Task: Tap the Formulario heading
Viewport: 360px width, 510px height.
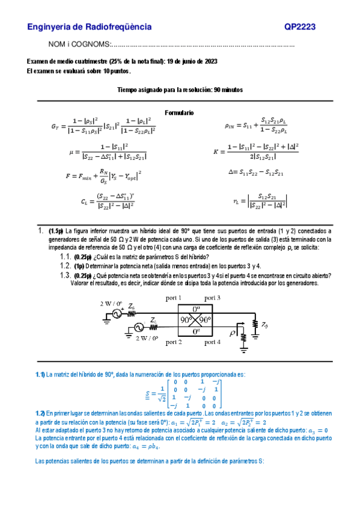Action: [x=179, y=112]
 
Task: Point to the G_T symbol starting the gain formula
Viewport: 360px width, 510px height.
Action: [x=56, y=126]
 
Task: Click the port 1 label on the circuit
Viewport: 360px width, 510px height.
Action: [x=175, y=298]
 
